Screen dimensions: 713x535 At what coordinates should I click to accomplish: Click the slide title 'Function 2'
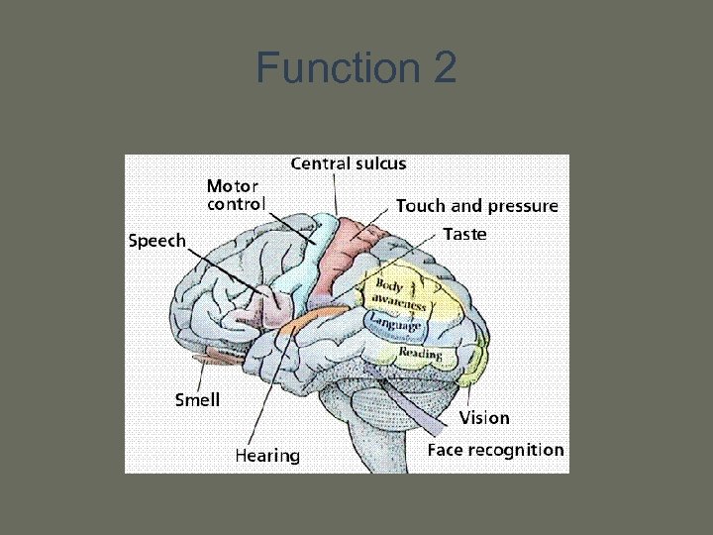pos(356,69)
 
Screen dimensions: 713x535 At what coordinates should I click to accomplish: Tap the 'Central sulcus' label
pos(348,163)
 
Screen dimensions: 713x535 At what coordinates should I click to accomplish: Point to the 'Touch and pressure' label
pos(476,206)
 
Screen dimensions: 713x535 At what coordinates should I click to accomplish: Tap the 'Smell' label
pos(197,400)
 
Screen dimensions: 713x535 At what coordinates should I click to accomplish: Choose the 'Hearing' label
pos(266,455)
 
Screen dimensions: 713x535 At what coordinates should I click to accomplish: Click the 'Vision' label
pos(483,417)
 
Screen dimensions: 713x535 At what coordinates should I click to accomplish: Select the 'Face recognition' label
pos(494,450)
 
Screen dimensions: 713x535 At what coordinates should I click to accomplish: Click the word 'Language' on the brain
pos(395,323)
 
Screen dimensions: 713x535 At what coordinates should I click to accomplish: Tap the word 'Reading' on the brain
pos(419,353)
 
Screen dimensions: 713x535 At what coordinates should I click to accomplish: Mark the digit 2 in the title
pos(443,69)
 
